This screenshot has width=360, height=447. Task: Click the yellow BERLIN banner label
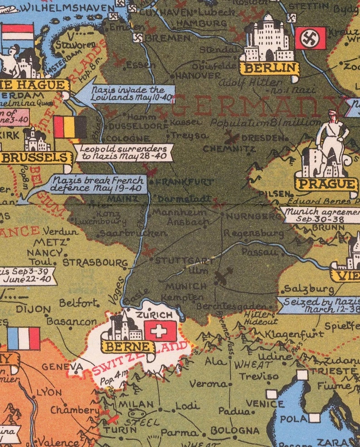pyautogui.click(x=269, y=68)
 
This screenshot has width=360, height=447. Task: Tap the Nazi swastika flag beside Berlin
pyautogui.click(x=311, y=38)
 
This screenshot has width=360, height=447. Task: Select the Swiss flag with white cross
pyautogui.click(x=160, y=331)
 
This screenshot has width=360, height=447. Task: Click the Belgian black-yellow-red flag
pyautogui.click(x=70, y=127)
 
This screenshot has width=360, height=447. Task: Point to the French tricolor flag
pyautogui.click(x=23, y=339)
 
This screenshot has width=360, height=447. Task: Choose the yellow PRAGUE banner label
pyautogui.click(x=326, y=184)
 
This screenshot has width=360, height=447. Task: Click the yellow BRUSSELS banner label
pyautogui.click(x=36, y=157)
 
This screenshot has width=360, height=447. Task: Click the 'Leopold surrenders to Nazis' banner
pyautogui.click(x=124, y=153)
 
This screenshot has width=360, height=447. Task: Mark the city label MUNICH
pyautogui.click(x=186, y=287)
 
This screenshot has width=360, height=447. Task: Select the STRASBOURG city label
pyautogui.click(x=95, y=262)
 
